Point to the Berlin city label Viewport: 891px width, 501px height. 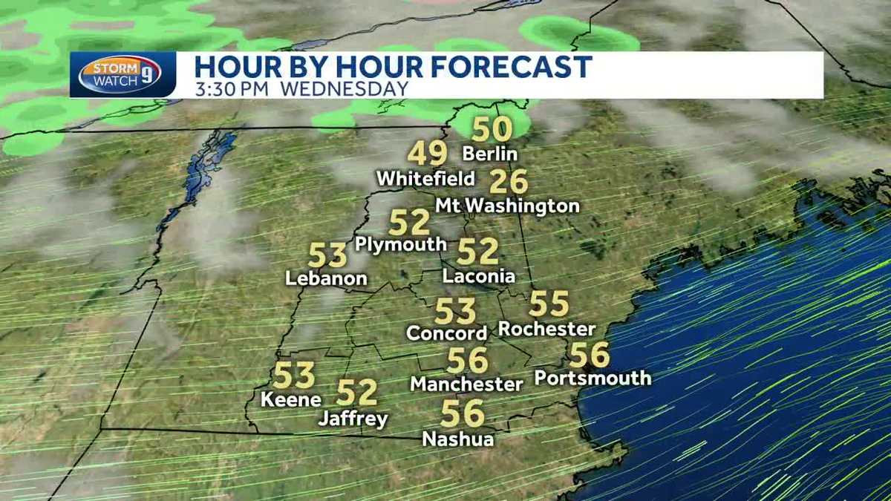click(x=489, y=154)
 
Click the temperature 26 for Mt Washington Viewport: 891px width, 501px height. click(x=509, y=182)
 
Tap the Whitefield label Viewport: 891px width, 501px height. click(x=425, y=179)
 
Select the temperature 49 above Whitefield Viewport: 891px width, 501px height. click(x=428, y=154)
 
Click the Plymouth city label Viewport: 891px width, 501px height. click(x=401, y=244)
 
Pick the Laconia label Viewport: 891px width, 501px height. click(x=479, y=276)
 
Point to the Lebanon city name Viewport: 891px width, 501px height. click(x=327, y=279)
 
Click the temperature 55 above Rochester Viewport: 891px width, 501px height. click(x=549, y=304)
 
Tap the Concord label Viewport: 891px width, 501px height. click(x=447, y=333)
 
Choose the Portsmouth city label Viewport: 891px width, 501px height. click(x=593, y=378)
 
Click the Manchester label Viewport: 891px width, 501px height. click(x=467, y=384)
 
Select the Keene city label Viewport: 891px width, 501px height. click(x=291, y=399)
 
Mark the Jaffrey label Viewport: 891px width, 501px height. click(x=353, y=419)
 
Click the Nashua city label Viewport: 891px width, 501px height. click(x=458, y=439)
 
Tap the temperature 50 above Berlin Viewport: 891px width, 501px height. click(x=492, y=129)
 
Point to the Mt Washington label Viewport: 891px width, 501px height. click(x=507, y=206)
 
